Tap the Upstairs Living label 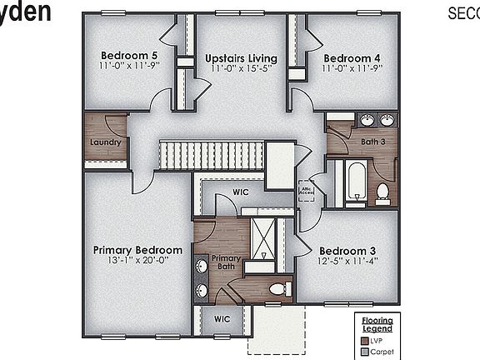click(x=241, y=57)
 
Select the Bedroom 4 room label click(x=352, y=57)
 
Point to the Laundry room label click(x=106, y=142)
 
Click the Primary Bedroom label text click(x=137, y=250)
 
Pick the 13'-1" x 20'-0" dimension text click(x=137, y=260)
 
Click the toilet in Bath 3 click(x=383, y=192)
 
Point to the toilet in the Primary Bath click(x=279, y=288)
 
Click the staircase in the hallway click(x=212, y=155)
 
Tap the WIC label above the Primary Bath click(x=241, y=192)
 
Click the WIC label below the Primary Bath click(x=222, y=319)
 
